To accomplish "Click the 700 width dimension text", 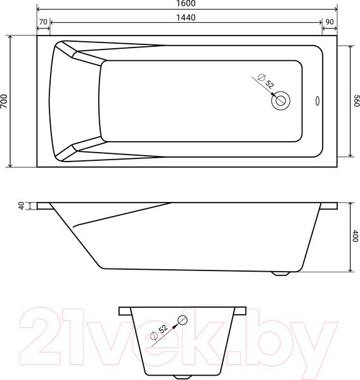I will tap(5, 101).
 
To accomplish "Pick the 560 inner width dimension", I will tap(356, 101).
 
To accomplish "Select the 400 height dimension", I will tap(355, 237).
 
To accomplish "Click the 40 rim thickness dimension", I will tap(21, 206).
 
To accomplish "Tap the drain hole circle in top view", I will tap(280, 100).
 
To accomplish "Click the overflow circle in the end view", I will tap(183, 320).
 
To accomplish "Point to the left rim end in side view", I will tap(44, 206).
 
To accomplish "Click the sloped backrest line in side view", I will tap(120, 215).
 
